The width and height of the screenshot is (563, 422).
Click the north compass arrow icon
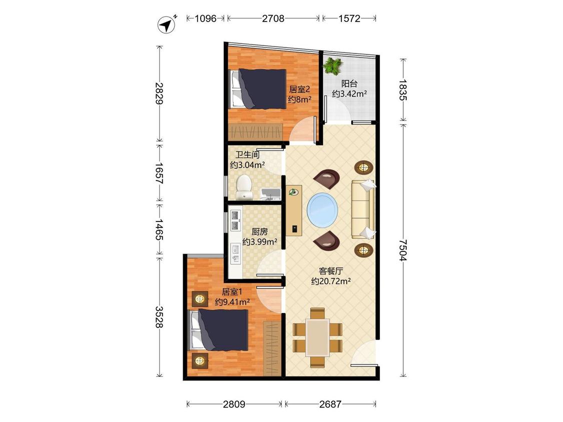point(167,25)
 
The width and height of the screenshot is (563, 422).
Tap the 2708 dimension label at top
point(273,18)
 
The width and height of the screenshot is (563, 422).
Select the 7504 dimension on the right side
point(403,250)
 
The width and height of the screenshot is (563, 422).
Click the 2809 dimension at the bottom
point(234,404)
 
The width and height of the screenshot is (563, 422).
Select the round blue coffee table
point(322,210)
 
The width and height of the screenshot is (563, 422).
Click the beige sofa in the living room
point(363,209)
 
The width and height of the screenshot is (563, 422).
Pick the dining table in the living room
point(317,337)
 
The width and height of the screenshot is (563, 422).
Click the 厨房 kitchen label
point(259,231)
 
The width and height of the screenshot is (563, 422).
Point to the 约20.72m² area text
point(331,281)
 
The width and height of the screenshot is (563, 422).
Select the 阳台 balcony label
point(349,83)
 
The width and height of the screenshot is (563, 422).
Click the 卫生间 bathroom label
point(247,154)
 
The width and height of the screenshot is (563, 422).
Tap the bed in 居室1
point(219,330)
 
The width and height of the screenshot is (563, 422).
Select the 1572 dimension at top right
point(349,18)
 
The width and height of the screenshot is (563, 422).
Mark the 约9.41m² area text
point(232,302)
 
